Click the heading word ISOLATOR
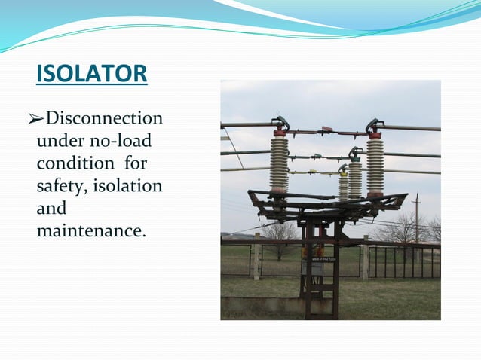91,74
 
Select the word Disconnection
103,119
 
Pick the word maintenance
90,230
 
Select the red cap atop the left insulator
280,133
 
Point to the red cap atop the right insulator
375,136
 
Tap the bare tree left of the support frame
280,235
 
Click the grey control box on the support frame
313,267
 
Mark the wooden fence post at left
257,256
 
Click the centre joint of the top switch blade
326,130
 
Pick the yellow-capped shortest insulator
344,184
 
